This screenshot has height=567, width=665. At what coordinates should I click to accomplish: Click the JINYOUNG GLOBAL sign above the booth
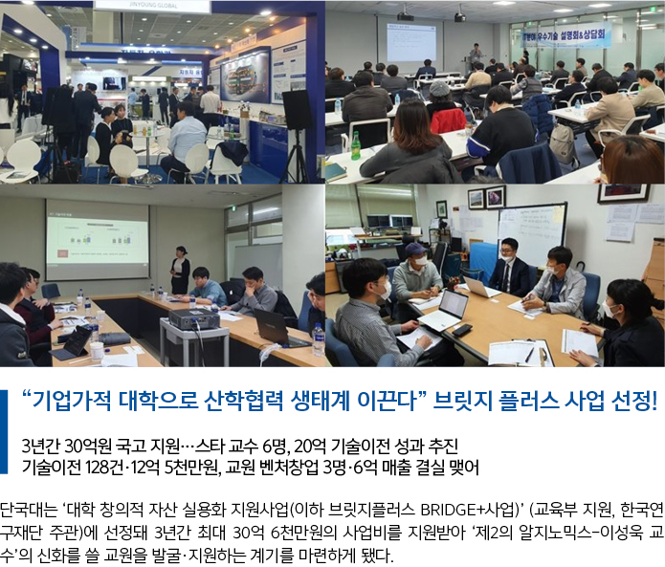tap(151, 6)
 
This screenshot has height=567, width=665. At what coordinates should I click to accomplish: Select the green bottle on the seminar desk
tap(355, 145)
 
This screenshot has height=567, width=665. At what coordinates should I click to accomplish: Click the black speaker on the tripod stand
tap(298, 109)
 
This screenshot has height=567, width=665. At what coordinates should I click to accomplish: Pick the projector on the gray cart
tap(194, 318)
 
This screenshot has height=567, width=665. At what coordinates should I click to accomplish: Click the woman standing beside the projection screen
tap(180, 271)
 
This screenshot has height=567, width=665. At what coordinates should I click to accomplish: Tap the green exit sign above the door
tap(233, 208)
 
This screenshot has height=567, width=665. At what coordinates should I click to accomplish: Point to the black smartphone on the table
tap(462, 330)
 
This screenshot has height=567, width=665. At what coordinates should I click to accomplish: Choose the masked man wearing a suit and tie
tap(510, 268)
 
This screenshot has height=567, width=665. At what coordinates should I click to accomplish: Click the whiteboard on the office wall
tap(532, 231)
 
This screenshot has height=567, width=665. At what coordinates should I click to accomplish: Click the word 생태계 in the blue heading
tap(321, 400)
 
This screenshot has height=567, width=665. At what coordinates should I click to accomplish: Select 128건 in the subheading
tap(104, 468)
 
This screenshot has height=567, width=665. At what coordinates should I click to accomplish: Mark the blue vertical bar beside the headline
tap(4, 431)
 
